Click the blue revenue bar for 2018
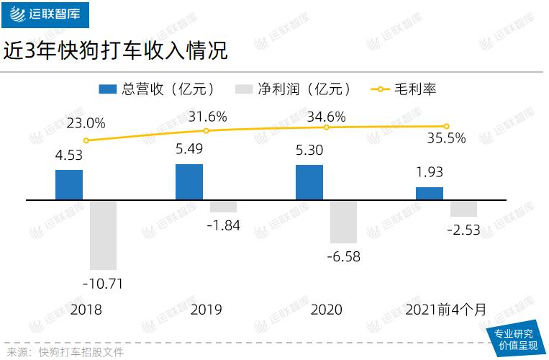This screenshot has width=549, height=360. (x=69, y=184)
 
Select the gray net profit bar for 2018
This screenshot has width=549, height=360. (x=103, y=235)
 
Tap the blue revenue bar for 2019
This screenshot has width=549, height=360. (x=189, y=181)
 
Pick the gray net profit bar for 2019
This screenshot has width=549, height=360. (x=223, y=206)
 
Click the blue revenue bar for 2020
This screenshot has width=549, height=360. (x=309, y=182)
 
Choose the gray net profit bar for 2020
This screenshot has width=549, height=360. (x=343, y=222)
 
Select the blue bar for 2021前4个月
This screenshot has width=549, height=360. (x=430, y=193)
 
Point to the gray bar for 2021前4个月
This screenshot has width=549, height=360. (x=463, y=208)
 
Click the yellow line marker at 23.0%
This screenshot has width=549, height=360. (x=86, y=140)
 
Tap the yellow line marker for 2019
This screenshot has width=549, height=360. (x=207, y=130)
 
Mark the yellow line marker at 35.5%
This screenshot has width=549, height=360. (x=447, y=126)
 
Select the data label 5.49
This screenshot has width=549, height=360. (x=189, y=150)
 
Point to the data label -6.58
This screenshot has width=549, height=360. (x=343, y=257)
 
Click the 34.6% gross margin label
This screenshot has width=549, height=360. (x=327, y=116)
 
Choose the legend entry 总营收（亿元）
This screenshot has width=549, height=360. (x=157, y=89)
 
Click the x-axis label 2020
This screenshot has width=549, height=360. (x=326, y=310)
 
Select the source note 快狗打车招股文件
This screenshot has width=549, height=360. (x=81, y=351)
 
